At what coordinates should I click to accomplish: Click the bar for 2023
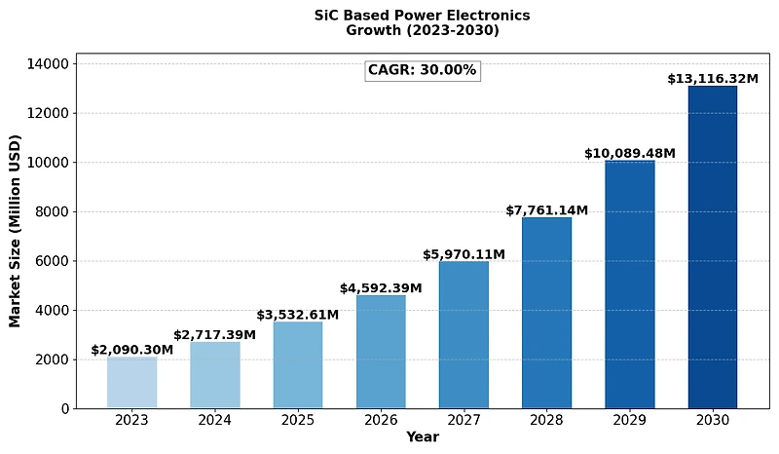[131, 383]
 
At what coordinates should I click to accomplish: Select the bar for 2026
[381, 352]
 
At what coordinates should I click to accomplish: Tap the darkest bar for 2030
[713, 247]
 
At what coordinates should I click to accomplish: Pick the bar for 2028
[546, 313]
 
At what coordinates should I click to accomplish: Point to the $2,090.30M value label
[132, 350]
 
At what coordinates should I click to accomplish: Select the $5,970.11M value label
[464, 254]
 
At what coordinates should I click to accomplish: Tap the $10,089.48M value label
[629, 154]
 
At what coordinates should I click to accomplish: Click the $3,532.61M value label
[298, 315]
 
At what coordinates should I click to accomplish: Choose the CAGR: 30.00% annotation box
[422, 70]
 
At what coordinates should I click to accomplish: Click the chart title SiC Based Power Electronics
[422, 17]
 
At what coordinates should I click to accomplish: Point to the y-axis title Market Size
[16, 231]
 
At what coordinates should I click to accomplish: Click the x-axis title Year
[422, 437]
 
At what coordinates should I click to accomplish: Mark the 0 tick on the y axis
[64, 409]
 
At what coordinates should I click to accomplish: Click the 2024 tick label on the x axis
[215, 420]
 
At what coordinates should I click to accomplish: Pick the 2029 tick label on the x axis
[629, 420]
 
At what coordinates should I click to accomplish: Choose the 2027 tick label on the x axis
[464, 420]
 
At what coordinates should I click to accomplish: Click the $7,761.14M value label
[546, 210]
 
